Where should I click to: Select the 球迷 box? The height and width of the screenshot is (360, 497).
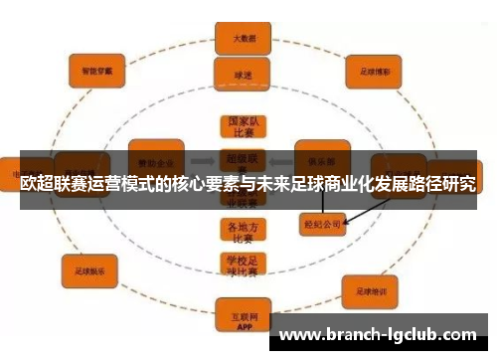tap(239, 73)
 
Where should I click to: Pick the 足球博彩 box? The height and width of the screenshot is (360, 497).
tap(374, 73)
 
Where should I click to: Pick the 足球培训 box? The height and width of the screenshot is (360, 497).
tap(371, 290)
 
